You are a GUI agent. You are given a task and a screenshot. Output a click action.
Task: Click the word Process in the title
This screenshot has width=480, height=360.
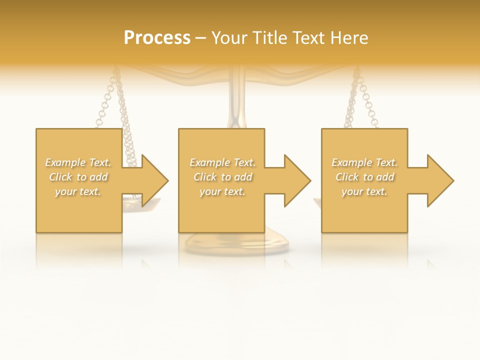pos(157,38)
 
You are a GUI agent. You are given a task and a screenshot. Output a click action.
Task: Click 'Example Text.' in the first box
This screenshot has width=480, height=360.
pos(78,162)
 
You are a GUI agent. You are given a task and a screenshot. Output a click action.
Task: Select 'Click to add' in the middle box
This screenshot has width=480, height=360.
pos(222,177)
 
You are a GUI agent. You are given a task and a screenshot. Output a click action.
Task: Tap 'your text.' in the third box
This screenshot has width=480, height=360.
pos(364,191)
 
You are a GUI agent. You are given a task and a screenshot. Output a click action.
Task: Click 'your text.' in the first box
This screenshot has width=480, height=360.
pos(78,191)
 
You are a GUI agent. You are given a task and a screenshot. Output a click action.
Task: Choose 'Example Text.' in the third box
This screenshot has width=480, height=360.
pos(364,162)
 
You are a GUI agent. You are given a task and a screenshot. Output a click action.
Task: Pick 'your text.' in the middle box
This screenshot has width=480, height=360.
pos(222,191)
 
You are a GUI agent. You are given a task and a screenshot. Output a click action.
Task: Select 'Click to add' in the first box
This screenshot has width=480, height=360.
pos(78,177)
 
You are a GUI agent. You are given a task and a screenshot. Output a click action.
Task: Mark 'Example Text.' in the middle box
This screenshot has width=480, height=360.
pos(222,162)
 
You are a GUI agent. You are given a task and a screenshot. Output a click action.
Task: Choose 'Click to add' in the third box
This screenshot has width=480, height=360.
pos(364,177)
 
